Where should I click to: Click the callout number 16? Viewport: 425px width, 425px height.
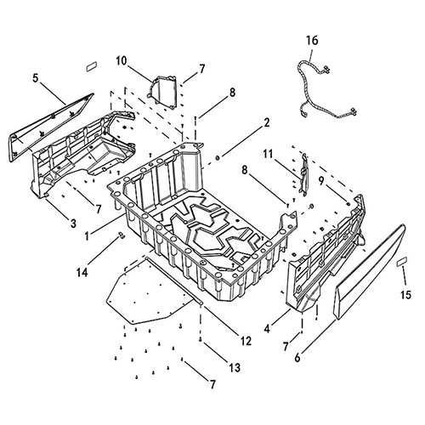[312, 41]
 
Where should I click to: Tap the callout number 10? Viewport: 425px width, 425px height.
[122, 61]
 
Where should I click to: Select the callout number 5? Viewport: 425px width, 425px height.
[35, 78]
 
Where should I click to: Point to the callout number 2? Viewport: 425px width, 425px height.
[266, 123]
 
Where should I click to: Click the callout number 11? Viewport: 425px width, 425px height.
[268, 154]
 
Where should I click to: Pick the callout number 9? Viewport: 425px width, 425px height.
[321, 181]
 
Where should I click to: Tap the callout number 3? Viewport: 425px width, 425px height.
[73, 224]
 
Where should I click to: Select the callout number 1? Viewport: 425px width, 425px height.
[88, 235]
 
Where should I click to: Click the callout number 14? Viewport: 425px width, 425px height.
[82, 273]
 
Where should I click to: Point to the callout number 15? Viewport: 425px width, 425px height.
[405, 295]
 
